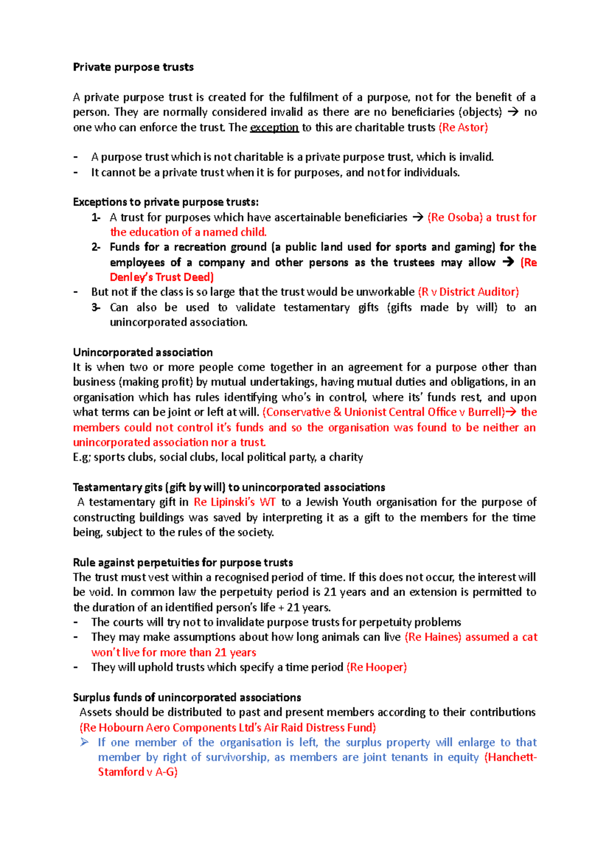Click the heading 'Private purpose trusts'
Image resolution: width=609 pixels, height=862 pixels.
click(133, 67)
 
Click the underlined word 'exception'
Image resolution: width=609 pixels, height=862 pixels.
click(274, 127)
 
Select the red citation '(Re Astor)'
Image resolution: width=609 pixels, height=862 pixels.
click(463, 127)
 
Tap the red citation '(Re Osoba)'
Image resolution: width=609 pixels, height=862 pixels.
click(455, 217)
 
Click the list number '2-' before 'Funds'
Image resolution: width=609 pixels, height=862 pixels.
click(96, 247)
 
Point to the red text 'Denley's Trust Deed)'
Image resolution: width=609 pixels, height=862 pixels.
click(161, 277)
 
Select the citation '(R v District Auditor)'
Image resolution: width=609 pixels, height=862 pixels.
click(468, 292)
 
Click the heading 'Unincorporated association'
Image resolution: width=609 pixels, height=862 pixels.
click(143, 352)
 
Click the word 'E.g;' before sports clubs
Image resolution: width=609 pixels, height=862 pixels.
click(82, 457)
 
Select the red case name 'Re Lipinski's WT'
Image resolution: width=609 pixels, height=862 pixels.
click(234, 502)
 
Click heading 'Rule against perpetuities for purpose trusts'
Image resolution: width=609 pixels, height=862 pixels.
click(183, 562)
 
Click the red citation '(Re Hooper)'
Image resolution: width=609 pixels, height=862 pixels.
click(376, 667)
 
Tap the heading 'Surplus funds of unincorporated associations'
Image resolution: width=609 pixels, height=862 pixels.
click(187, 698)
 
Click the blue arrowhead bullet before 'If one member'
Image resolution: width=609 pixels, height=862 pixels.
click(85, 742)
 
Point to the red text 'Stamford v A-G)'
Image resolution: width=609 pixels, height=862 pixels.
click(138, 772)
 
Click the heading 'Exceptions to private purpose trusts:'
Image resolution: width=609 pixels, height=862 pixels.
click(165, 202)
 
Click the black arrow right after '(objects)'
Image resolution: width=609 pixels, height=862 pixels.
click(513, 112)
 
